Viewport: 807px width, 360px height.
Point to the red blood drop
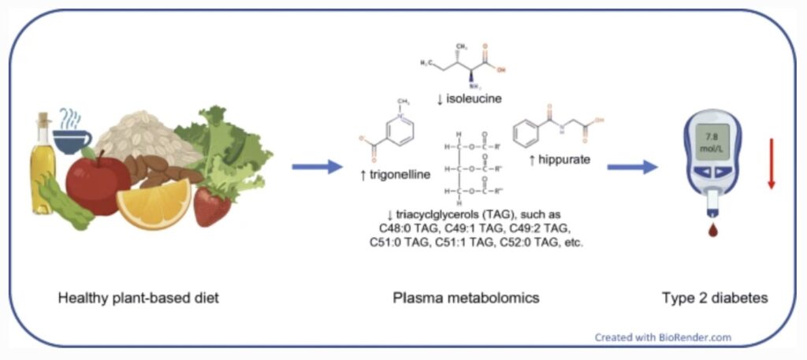(x=713, y=232)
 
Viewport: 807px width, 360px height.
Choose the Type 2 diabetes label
(x=714, y=299)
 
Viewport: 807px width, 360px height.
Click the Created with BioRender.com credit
(x=663, y=337)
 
